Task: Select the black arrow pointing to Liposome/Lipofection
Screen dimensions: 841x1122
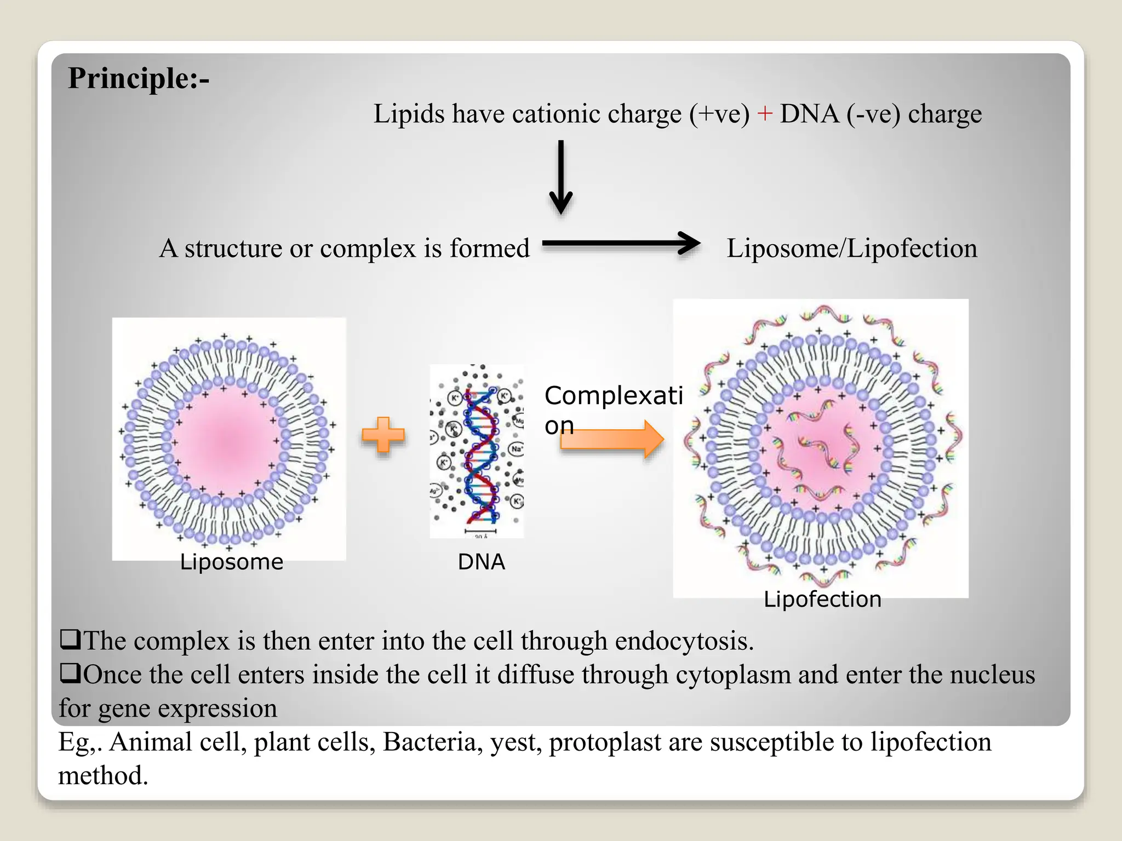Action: coord(621,243)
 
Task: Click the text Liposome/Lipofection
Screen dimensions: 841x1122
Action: coord(851,248)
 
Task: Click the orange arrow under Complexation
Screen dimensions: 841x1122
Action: coord(612,439)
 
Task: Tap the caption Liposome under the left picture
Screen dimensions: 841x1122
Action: coord(231,562)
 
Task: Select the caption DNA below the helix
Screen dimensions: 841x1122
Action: coord(481,562)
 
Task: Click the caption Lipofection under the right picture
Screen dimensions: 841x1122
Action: coord(822,599)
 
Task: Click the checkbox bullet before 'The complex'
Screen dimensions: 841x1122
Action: coord(70,639)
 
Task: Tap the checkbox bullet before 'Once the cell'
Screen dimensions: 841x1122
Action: coord(70,673)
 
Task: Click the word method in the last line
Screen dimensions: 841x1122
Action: coord(103,776)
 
